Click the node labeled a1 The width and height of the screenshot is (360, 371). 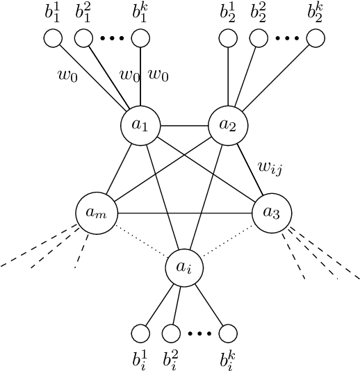[x=140, y=126]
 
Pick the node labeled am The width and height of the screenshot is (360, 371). [x=95, y=212]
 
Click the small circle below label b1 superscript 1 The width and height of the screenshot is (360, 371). [x=53, y=39]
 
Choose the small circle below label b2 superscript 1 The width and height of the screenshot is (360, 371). [x=228, y=39]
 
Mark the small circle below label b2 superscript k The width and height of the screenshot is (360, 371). [x=316, y=39]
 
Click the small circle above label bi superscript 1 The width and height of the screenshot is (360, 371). [x=141, y=334]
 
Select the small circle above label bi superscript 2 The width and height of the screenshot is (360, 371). [x=171, y=334]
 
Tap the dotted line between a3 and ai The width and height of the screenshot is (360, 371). [x=227, y=240]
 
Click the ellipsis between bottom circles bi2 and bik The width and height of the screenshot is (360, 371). [x=199, y=334]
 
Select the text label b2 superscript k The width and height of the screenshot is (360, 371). [x=316, y=13]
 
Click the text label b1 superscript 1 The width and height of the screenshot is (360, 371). [x=54, y=13]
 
